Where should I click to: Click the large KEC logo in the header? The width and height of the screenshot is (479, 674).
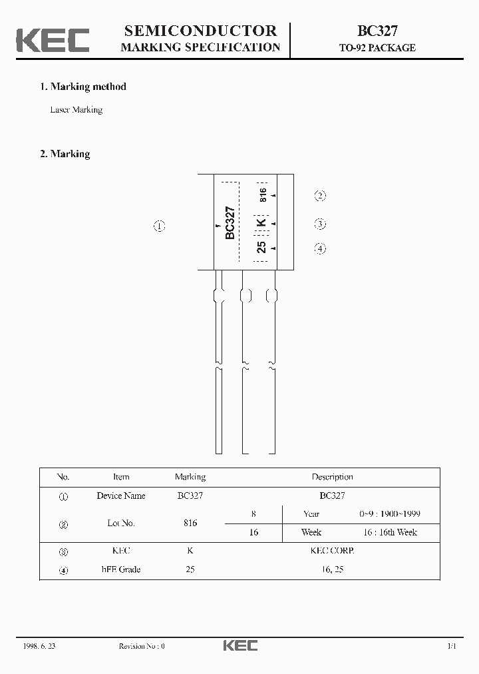pos(53,40)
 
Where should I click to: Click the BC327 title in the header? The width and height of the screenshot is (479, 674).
pos(377,31)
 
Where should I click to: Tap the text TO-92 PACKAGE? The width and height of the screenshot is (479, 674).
pos(377,48)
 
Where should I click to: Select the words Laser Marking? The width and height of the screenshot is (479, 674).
pos(77,110)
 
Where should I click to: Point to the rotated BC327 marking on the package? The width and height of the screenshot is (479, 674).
pos(230,222)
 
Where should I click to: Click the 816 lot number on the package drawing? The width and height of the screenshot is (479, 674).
pos(263,195)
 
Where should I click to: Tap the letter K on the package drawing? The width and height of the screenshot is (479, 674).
pos(261,222)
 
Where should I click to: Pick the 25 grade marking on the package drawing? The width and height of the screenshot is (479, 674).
pos(261,247)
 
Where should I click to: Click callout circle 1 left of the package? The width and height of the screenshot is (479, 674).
pos(159,226)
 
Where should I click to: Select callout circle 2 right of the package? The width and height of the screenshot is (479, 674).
pos(320,195)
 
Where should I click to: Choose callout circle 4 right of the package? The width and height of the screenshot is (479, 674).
pos(320,248)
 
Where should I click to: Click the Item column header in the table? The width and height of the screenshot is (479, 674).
pos(121,477)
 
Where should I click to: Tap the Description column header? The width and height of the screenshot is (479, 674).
pos(332,477)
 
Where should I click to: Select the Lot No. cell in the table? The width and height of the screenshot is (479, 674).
pos(121,523)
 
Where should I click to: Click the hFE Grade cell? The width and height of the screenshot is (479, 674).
pos(121,569)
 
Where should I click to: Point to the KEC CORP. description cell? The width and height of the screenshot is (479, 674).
pos(332,551)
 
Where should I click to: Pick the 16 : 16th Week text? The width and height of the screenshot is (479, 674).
pos(389,532)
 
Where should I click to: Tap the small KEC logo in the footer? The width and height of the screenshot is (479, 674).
pos(239,645)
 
